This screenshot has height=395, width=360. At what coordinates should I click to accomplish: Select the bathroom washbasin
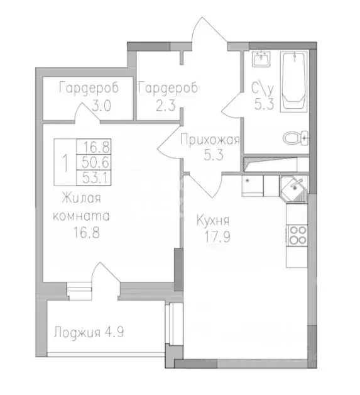[261, 60]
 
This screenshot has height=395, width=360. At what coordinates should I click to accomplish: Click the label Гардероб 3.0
[88, 96]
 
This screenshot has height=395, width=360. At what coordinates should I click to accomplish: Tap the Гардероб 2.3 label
[168, 96]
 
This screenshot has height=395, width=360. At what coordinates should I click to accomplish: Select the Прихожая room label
[209, 140]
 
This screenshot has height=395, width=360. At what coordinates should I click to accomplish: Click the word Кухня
[213, 221]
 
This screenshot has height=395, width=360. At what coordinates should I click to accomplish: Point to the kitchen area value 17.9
[213, 238]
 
